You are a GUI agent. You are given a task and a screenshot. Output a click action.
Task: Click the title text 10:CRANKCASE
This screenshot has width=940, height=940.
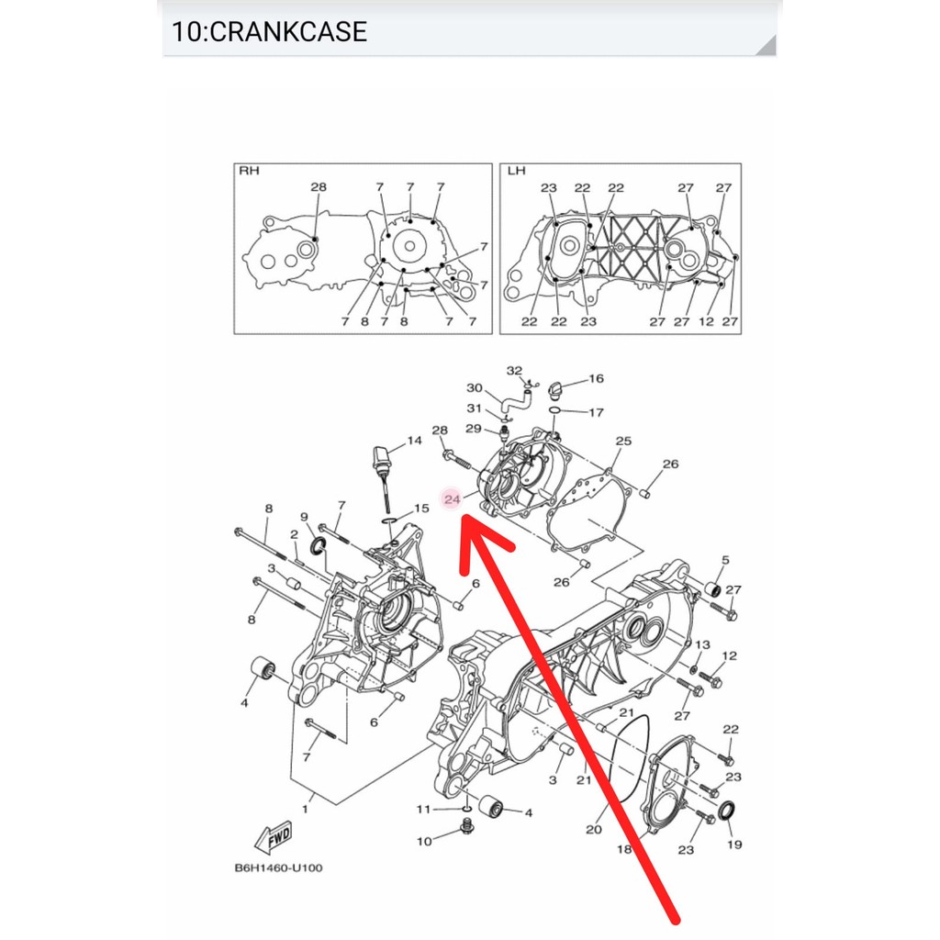[269, 32]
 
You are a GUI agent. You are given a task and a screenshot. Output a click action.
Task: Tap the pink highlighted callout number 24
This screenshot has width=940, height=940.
[452, 498]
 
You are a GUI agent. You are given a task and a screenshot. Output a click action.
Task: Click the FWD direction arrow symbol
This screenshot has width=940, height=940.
[274, 836]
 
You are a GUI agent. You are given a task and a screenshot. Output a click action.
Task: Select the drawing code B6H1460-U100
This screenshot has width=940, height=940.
[278, 867]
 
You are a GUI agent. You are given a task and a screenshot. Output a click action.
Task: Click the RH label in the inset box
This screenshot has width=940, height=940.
[249, 171]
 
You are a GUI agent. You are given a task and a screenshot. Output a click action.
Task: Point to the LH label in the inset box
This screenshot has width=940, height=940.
[516, 171]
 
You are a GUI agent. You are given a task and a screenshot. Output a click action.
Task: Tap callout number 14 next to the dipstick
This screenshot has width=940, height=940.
[414, 441]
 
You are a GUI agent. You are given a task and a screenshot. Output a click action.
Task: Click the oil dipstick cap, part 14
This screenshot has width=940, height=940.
[382, 459]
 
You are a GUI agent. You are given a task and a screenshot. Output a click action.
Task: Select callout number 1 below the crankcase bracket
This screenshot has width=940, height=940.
[305, 810]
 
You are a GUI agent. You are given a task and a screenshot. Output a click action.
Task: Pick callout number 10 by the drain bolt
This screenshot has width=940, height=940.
[424, 841]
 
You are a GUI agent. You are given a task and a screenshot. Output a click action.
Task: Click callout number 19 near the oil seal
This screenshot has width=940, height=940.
[734, 845]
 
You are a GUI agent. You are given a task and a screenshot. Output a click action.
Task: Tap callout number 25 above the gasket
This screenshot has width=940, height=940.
[623, 441]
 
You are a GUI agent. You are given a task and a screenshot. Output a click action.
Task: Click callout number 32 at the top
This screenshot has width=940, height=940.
[514, 371]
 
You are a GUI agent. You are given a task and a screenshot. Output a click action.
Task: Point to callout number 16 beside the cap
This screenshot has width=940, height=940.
[596, 378]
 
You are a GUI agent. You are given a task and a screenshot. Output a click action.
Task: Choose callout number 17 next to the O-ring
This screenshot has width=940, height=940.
[596, 412]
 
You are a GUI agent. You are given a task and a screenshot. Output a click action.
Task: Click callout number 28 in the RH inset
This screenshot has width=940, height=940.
[319, 187]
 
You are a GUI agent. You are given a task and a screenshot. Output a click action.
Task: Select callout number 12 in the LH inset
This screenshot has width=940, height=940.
[706, 321]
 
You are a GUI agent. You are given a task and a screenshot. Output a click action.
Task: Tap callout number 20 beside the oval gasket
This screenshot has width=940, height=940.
[594, 830]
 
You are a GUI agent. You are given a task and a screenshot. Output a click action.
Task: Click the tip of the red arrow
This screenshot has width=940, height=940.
[463, 517]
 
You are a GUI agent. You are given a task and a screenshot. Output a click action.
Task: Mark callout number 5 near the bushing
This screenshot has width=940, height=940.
[725, 560]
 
